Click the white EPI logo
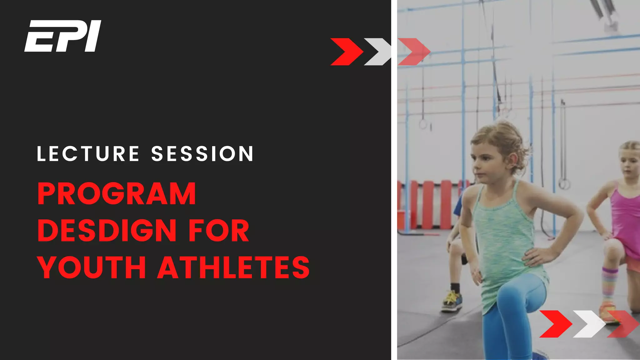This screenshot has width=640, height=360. click(63, 36)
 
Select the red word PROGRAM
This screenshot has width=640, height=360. click(117, 194)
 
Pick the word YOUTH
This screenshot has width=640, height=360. click(92, 267)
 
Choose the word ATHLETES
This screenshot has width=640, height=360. click(233, 267)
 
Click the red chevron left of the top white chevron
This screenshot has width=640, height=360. click(346, 52)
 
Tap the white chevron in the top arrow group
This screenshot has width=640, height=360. click(377, 52)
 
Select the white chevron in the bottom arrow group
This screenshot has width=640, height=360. click(589, 324)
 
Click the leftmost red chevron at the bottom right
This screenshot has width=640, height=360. click(555, 324)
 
